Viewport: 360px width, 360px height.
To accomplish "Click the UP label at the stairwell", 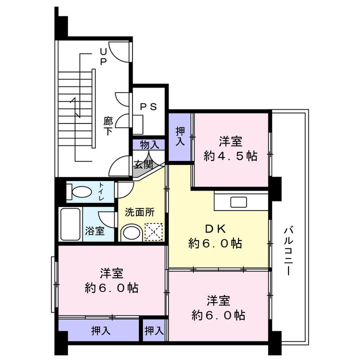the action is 103,57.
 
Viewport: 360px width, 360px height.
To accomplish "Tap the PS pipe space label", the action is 148,107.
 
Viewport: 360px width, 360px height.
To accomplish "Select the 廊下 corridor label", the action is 108,126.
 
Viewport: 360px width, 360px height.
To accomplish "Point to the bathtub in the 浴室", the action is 70,224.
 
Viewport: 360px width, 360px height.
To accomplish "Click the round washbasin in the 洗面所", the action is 131,233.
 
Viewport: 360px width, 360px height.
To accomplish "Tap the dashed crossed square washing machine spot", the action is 153,231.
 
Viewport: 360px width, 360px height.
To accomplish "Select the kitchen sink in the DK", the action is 239,202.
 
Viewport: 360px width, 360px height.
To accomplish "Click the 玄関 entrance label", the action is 143,164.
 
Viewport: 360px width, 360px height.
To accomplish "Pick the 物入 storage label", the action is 149,145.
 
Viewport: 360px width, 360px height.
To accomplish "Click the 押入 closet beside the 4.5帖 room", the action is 180,137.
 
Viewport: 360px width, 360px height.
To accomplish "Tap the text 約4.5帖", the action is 230,156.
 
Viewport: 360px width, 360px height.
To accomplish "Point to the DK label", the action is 215,228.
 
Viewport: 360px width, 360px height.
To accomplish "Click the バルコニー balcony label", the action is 288,251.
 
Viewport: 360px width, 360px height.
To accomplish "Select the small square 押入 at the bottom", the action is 154,330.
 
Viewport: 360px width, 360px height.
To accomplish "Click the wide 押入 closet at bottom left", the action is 99,330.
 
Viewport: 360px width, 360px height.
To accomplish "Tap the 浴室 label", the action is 95,230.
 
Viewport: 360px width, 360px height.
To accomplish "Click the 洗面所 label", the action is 139,212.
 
